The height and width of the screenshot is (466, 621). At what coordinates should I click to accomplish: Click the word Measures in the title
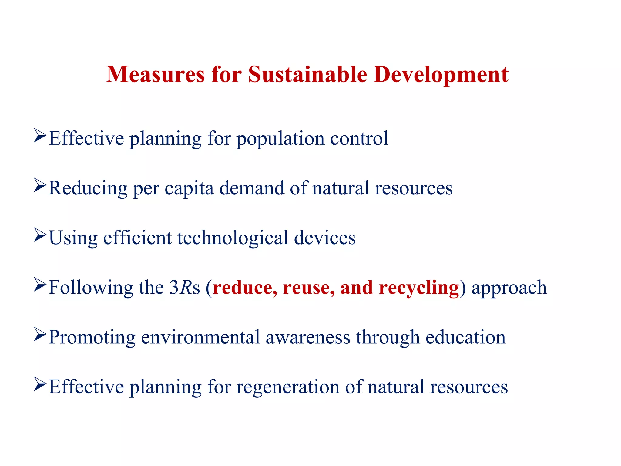[x=156, y=74]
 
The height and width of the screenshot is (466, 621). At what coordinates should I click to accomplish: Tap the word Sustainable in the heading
[x=307, y=74]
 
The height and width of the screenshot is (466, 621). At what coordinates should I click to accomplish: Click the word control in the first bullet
[x=359, y=138]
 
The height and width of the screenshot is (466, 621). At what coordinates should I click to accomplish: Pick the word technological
[x=233, y=238]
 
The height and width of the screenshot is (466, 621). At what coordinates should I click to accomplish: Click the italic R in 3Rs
[x=185, y=287]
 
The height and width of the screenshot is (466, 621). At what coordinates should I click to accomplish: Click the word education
[x=465, y=337]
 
